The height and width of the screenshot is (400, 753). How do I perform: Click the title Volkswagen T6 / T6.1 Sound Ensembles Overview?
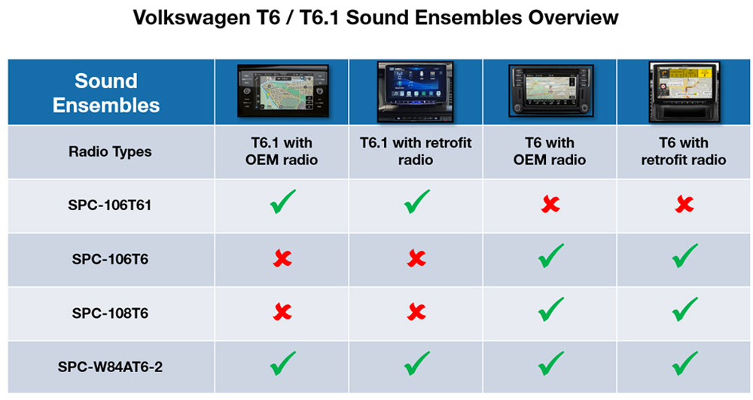click(376, 18)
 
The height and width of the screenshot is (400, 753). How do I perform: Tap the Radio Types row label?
click(110, 151)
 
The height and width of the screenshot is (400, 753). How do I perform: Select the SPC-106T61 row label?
click(110, 205)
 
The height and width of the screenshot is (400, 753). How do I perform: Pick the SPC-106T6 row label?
click(110, 259)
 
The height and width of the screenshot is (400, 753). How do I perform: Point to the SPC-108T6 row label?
click(110, 313)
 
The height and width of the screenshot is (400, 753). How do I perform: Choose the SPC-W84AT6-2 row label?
click(110, 367)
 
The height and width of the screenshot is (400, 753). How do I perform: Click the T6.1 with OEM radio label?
click(282, 151)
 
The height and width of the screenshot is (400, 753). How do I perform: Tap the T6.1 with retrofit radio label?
click(416, 151)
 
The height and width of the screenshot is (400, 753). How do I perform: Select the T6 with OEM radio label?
click(550, 151)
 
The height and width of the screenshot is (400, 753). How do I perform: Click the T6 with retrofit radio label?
click(684, 151)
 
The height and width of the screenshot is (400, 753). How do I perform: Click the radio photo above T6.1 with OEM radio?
click(283, 90)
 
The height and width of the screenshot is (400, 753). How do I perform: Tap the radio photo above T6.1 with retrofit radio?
click(415, 92)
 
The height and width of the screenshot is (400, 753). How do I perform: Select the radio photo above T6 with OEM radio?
click(551, 90)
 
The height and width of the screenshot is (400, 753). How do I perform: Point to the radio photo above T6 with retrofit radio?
click(684, 92)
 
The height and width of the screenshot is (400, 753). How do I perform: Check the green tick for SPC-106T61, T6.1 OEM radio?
click(282, 202)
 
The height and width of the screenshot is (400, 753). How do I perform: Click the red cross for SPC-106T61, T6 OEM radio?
click(550, 205)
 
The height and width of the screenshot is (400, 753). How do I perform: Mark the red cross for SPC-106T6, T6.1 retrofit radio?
click(416, 258)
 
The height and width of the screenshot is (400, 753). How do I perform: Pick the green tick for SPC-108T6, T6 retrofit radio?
click(684, 310)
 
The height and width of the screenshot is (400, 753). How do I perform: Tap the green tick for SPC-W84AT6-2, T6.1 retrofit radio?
click(417, 363)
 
